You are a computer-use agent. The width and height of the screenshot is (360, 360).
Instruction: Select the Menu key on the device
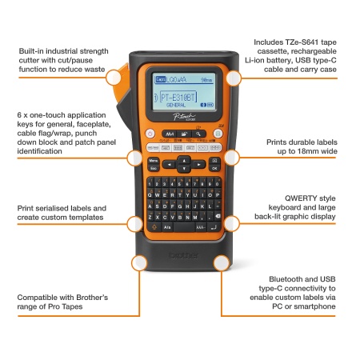152,160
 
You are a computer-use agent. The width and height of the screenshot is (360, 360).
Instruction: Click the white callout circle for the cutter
114,78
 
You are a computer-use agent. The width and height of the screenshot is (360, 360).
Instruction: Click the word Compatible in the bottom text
45,297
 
